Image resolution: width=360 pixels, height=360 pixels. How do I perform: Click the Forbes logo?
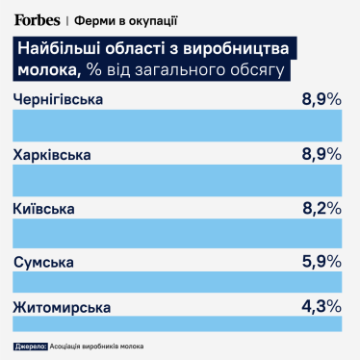click(x=39, y=18)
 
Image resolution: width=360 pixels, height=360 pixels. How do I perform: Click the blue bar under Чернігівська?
click(x=179, y=126)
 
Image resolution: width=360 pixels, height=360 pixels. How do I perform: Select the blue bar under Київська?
click(x=179, y=234)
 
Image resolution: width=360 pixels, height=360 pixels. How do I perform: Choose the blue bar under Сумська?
click(x=179, y=285)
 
